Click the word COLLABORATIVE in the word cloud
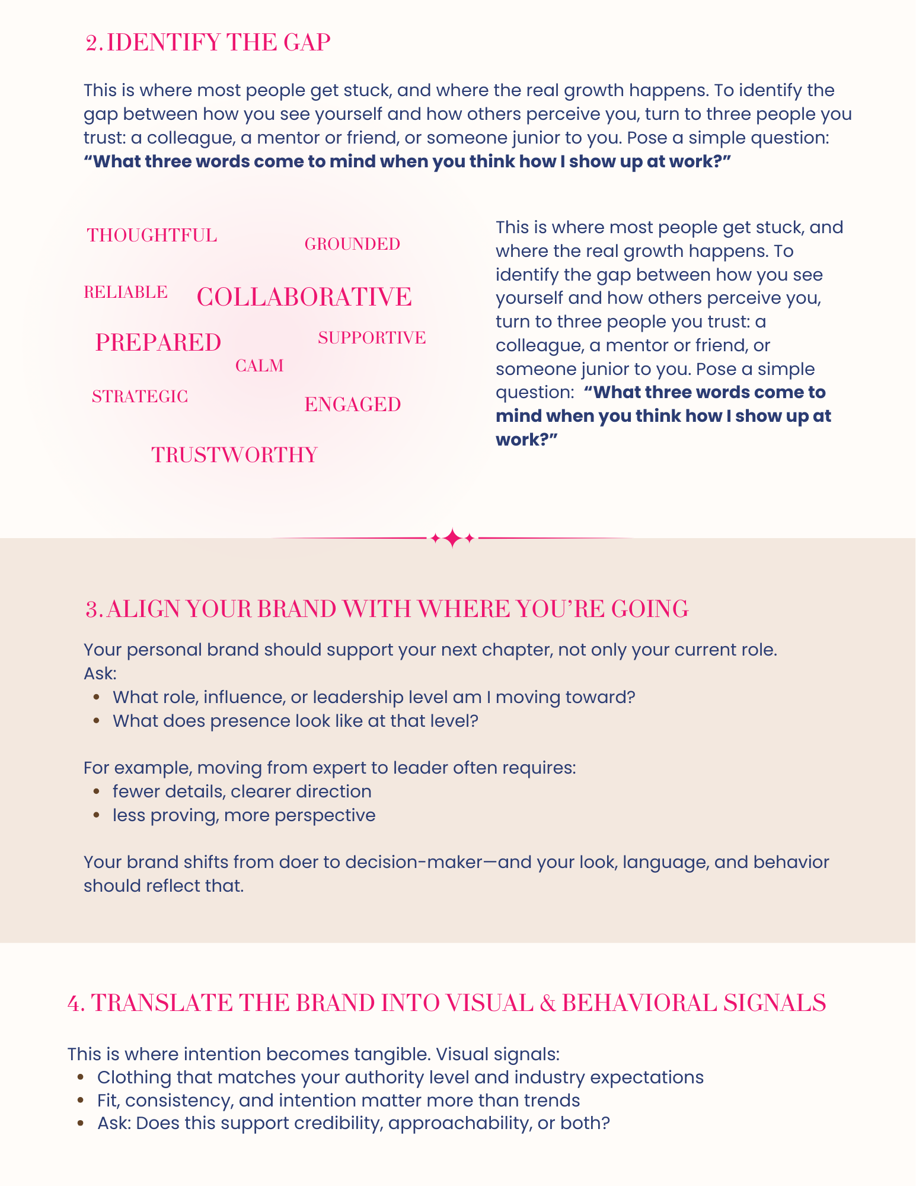pyautogui.click(x=304, y=297)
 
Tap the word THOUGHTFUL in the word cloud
pyautogui.click(x=152, y=236)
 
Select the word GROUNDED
pyautogui.click(x=352, y=244)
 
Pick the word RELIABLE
pyautogui.click(x=126, y=292)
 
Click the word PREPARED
pyautogui.click(x=158, y=343)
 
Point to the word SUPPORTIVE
pyautogui.click(x=372, y=338)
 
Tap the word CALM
pyautogui.click(x=260, y=366)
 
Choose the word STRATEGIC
pyautogui.click(x=140, y=397)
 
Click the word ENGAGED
pyautogui.click(x=353, y=405)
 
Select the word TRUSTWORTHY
pyautogui.click(x=235, y=455)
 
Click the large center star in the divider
pyautogui.click(x=452, y=538)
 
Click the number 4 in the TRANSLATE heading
pyautogui.click(x=75, y=1003)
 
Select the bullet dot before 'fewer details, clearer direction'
pyautogui.click(x=96, y=791)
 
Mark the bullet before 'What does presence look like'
pyautogui.click(x=96, y=721)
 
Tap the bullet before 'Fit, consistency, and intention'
pyautogui.click(x=81, y=1101)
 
